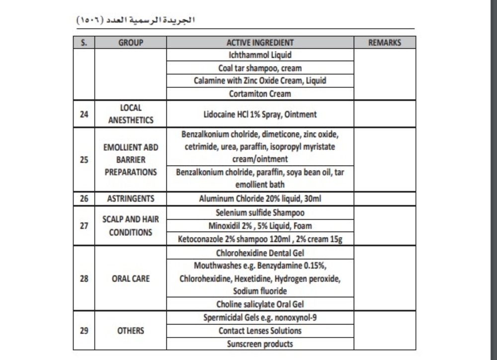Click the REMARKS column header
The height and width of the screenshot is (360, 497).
[x=384, y=43]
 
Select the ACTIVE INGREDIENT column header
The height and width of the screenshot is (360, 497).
[x=260, y=43]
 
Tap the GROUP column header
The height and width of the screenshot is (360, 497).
[x=131, y=43]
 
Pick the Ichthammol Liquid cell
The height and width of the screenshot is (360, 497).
[x=260, y=55]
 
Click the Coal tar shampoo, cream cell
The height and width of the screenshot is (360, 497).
[x=260, y=68]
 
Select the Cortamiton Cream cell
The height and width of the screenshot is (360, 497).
[x=260, y=93]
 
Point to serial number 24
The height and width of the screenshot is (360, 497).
[x=84, y=114]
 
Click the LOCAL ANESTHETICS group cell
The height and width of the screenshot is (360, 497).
[x=131, y=114]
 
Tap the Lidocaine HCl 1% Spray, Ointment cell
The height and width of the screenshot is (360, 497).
[x=260, y=114]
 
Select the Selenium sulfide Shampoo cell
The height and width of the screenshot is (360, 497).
[x=260, y=213]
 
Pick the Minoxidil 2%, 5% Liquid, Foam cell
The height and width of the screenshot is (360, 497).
[x=260, y=226]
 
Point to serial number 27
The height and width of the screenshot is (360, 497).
[x=84, y=226]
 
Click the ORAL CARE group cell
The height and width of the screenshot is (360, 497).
[x=131, y=279]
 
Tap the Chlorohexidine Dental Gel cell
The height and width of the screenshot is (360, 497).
[x=260, y=253]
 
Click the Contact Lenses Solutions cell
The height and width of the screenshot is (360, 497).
[x=260, y=331]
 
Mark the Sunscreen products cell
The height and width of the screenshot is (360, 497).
[x=260, y=344]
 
